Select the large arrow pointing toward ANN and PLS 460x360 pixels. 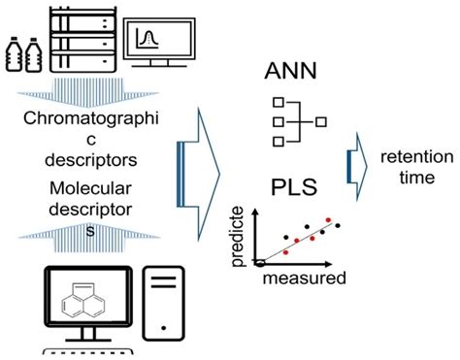(x=199, y=173)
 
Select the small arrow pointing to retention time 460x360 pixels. (x=357, y=162)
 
